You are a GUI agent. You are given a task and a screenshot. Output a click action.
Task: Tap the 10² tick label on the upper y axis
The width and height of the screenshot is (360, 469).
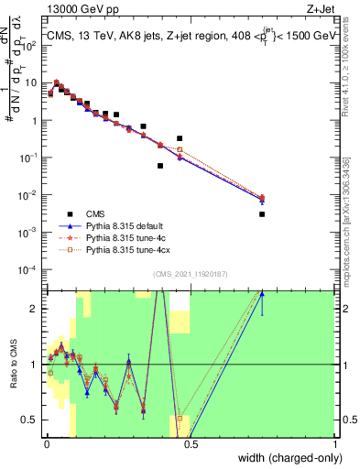pos(31,45)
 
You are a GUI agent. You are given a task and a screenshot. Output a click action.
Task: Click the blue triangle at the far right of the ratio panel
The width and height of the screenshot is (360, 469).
pos(262,294)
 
